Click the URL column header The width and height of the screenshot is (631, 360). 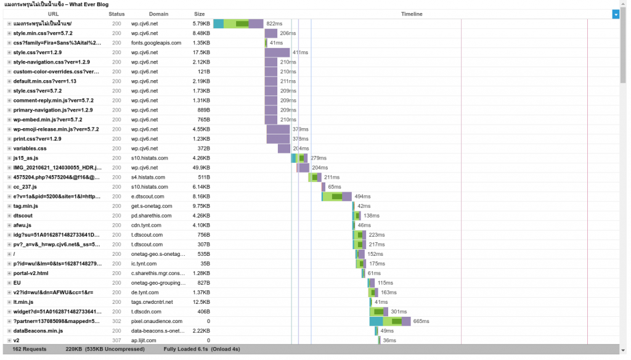[54, 14]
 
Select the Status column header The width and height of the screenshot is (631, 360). [116, 14]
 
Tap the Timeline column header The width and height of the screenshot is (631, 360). [412, 14]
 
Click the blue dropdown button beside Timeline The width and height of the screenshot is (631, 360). [616, 14]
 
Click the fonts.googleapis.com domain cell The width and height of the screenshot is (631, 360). [156, 43]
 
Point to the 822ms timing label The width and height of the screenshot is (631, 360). [274, 23]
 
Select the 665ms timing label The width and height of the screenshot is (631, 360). [421, 321]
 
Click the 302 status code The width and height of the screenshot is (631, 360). [116, 321]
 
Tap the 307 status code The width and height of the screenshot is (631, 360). [116, 340]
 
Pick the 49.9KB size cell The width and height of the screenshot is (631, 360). [201, 168]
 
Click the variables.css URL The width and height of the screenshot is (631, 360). [30, 149]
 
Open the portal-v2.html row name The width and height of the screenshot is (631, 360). [31, 273]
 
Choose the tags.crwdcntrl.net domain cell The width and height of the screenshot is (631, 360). [152, 302]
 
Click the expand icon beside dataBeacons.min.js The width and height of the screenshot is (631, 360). [9, 331]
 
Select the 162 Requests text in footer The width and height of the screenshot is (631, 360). [30, 350]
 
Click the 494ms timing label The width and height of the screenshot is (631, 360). [362, 197]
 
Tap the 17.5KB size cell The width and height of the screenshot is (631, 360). [201, 52]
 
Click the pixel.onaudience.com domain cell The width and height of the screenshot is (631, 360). [157, 321]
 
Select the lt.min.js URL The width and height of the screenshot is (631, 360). [23, 302]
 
